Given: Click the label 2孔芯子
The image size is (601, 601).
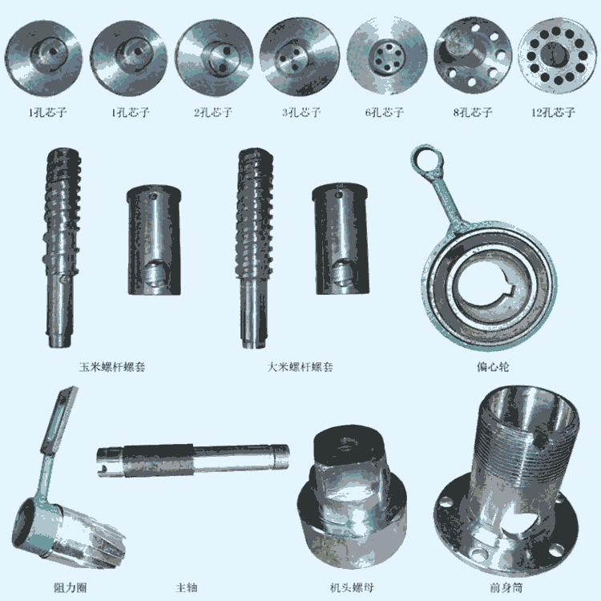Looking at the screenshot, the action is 213,112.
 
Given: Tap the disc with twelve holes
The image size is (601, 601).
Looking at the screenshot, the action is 555,55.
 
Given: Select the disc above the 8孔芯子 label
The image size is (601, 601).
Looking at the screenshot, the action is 473,54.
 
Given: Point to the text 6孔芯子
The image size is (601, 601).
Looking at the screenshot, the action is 385,112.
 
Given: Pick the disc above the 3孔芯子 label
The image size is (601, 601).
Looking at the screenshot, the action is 300,56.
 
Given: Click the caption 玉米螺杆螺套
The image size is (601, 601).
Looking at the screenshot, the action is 112,367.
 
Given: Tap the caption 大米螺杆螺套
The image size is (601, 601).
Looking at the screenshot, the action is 300,367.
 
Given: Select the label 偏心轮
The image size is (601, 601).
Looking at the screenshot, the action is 493,367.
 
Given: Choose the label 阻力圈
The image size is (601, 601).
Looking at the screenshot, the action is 71,587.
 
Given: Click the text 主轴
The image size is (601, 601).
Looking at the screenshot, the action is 187,587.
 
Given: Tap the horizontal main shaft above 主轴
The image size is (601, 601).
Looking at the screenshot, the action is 193,460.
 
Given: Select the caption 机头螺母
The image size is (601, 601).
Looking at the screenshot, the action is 352,587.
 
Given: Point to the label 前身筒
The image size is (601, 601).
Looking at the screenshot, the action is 506,587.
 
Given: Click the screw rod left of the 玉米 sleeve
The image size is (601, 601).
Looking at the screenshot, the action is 62,248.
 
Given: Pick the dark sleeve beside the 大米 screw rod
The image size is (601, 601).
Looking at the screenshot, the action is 341,239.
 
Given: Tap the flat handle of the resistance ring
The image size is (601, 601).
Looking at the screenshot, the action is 59,421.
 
